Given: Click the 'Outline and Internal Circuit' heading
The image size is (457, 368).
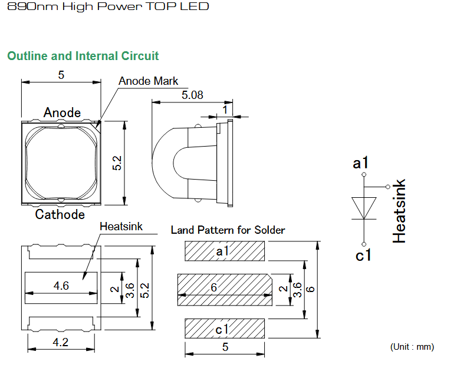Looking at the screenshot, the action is point(83,56).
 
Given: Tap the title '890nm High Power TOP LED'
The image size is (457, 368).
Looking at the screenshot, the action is point(108,6).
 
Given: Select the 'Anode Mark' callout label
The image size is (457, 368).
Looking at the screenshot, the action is point(149,81).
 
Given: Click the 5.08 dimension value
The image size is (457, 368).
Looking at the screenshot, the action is point(192,95).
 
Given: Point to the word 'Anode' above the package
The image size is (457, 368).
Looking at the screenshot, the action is point(62,112).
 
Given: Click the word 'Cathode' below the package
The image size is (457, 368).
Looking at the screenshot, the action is point(60,214).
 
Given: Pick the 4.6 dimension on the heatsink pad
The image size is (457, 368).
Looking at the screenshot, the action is point(61,286).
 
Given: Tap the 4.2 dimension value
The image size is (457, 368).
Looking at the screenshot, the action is point(61,342).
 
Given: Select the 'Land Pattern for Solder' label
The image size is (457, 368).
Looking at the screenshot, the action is point(228,230).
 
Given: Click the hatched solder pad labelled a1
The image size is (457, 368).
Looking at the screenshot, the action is point(225,251).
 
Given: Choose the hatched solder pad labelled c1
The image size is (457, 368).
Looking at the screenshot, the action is point(225,329).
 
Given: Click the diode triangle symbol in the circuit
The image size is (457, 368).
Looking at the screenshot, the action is point(364,208).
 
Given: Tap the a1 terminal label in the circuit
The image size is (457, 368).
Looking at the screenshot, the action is point(360,163).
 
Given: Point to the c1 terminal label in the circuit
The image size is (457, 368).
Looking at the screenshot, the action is point(363,256).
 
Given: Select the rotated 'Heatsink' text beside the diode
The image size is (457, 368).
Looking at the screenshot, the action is point(399,211).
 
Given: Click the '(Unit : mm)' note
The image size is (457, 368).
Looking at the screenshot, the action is point(412,347).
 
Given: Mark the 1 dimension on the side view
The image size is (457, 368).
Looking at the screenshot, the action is point(225,110).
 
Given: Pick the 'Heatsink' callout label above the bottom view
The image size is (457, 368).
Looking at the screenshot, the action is point(121,226).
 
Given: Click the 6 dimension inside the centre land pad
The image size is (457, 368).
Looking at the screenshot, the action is point(214,287).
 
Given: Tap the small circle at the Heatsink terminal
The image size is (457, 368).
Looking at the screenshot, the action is point(387,187).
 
